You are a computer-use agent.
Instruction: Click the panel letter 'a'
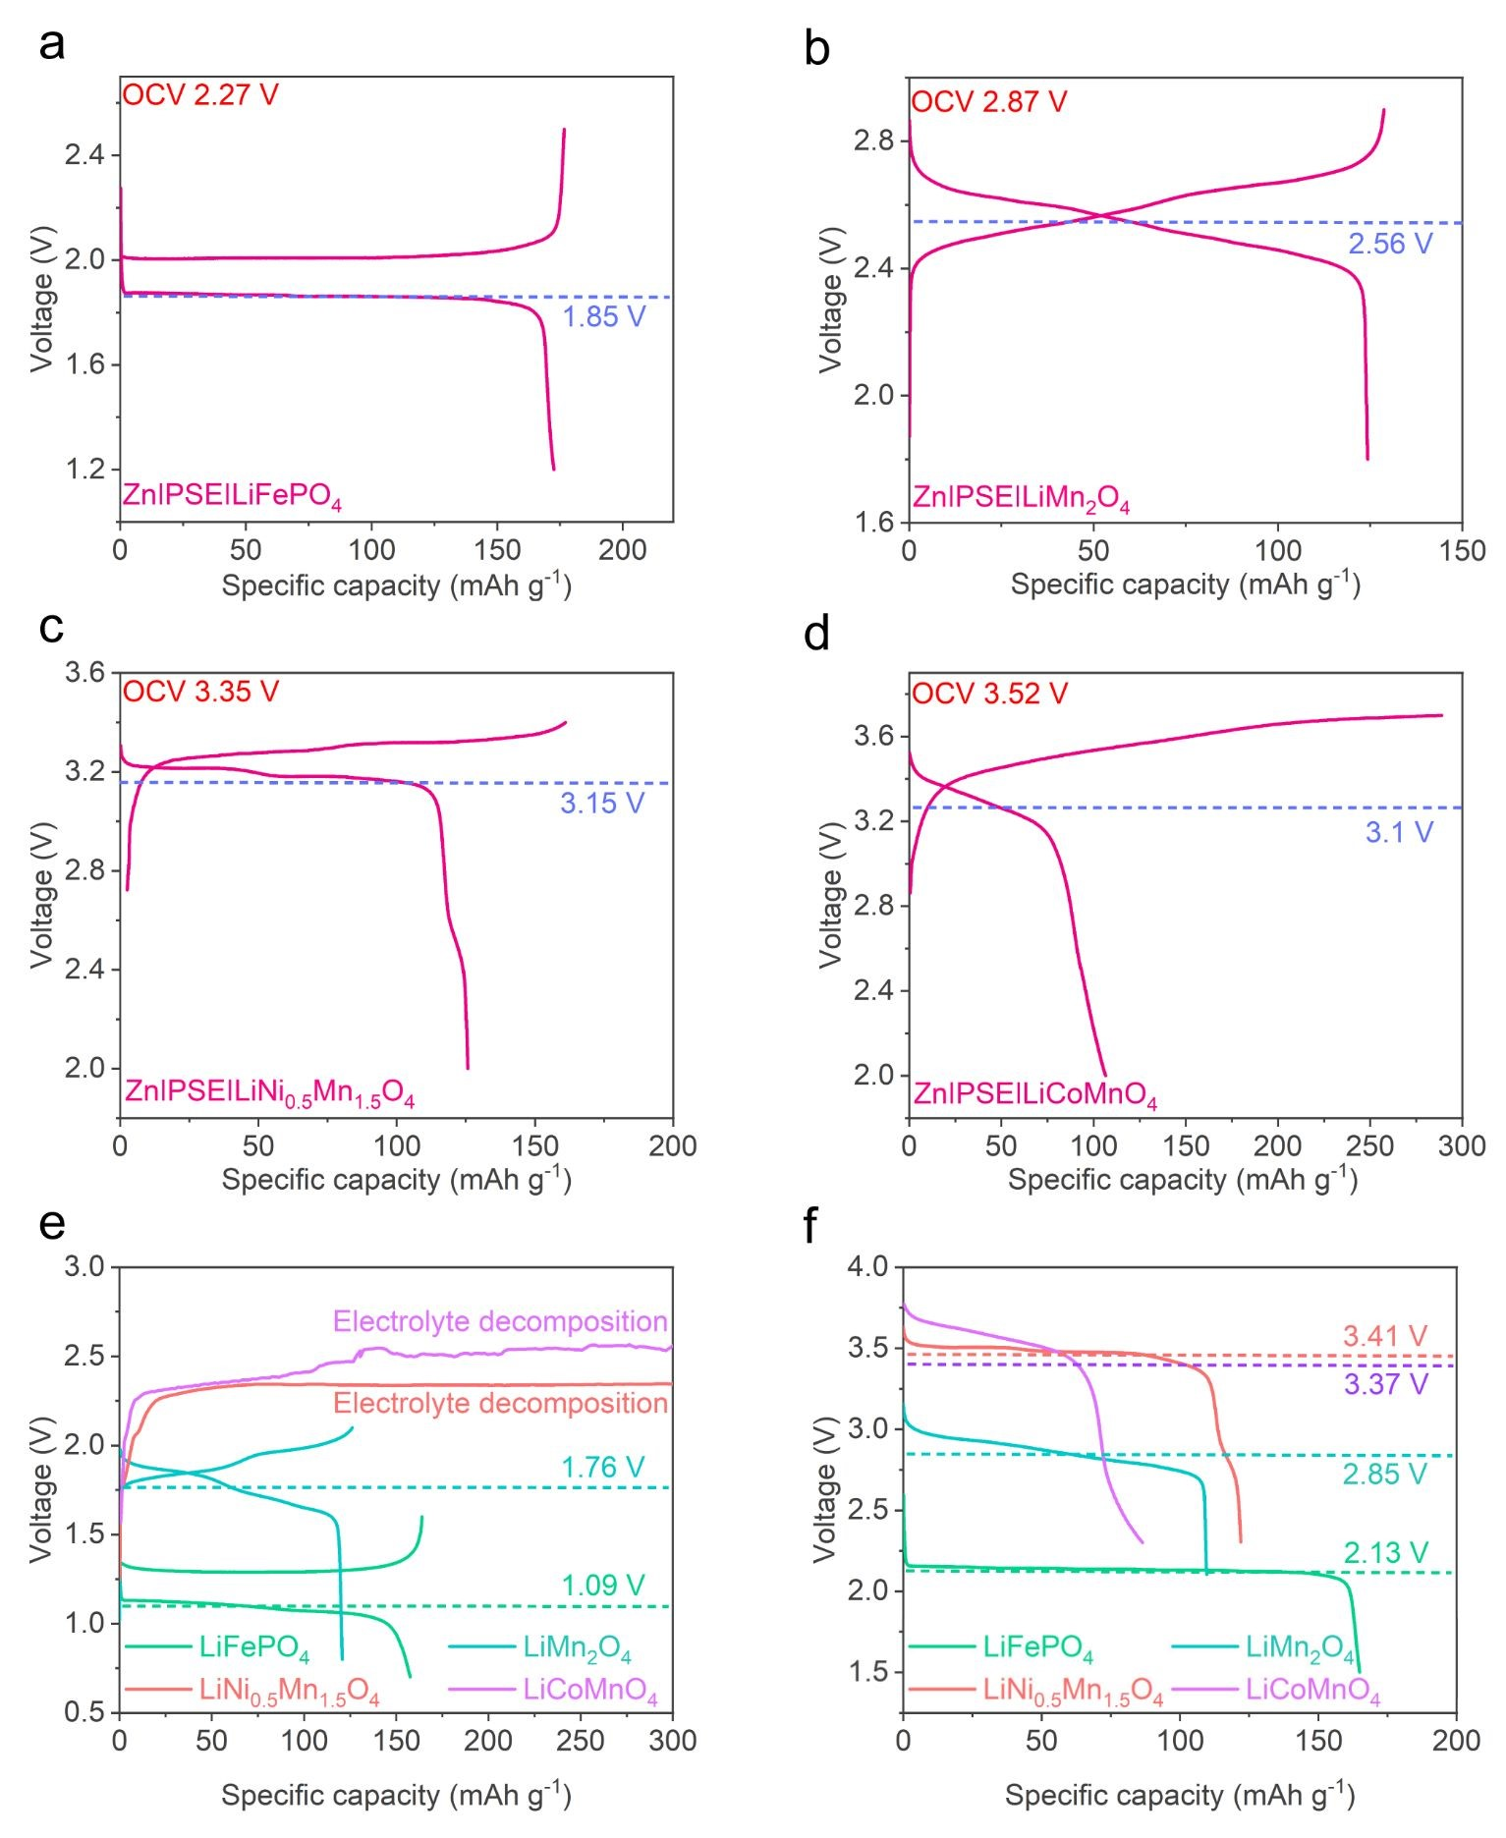point(52,45)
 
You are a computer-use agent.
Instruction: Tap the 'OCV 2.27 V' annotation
point(200,95)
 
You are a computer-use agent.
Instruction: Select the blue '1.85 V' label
point(603,317)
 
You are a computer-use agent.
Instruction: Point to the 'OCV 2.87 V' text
point(988,102)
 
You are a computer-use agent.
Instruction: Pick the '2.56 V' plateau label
point(1390,244)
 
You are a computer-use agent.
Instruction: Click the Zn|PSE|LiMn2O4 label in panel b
point(1021,499)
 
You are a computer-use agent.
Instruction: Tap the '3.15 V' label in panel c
point(602,804)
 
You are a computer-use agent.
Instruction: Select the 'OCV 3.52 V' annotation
point(988,694)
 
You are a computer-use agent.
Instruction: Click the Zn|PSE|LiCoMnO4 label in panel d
point(1034,1094)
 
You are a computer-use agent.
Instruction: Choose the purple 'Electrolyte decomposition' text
point(500,1321)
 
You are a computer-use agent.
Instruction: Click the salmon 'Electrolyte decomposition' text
point(500,1403)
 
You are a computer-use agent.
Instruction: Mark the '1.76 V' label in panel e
point(602,1468)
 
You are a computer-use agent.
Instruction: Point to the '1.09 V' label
point(602,1585)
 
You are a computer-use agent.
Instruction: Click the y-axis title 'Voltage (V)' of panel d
point(831,895)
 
